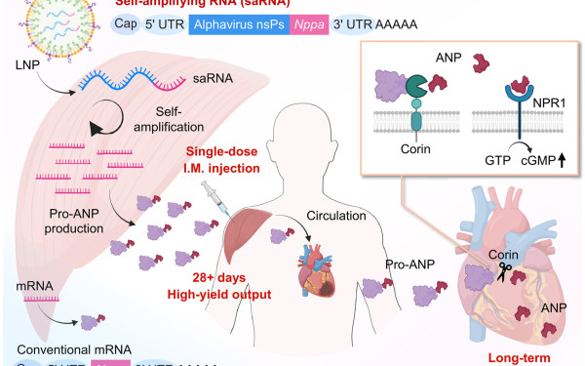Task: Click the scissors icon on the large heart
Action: point(506,269)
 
